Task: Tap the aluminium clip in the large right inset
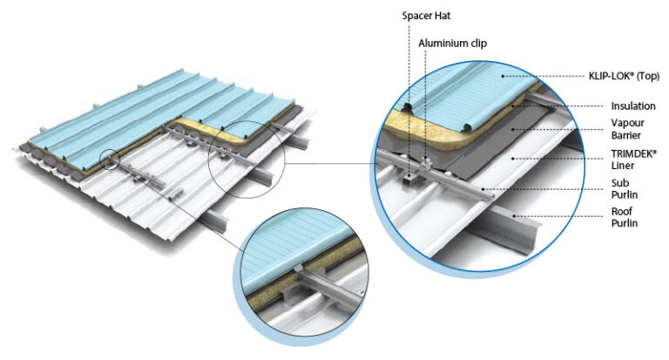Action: click(423, 165)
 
